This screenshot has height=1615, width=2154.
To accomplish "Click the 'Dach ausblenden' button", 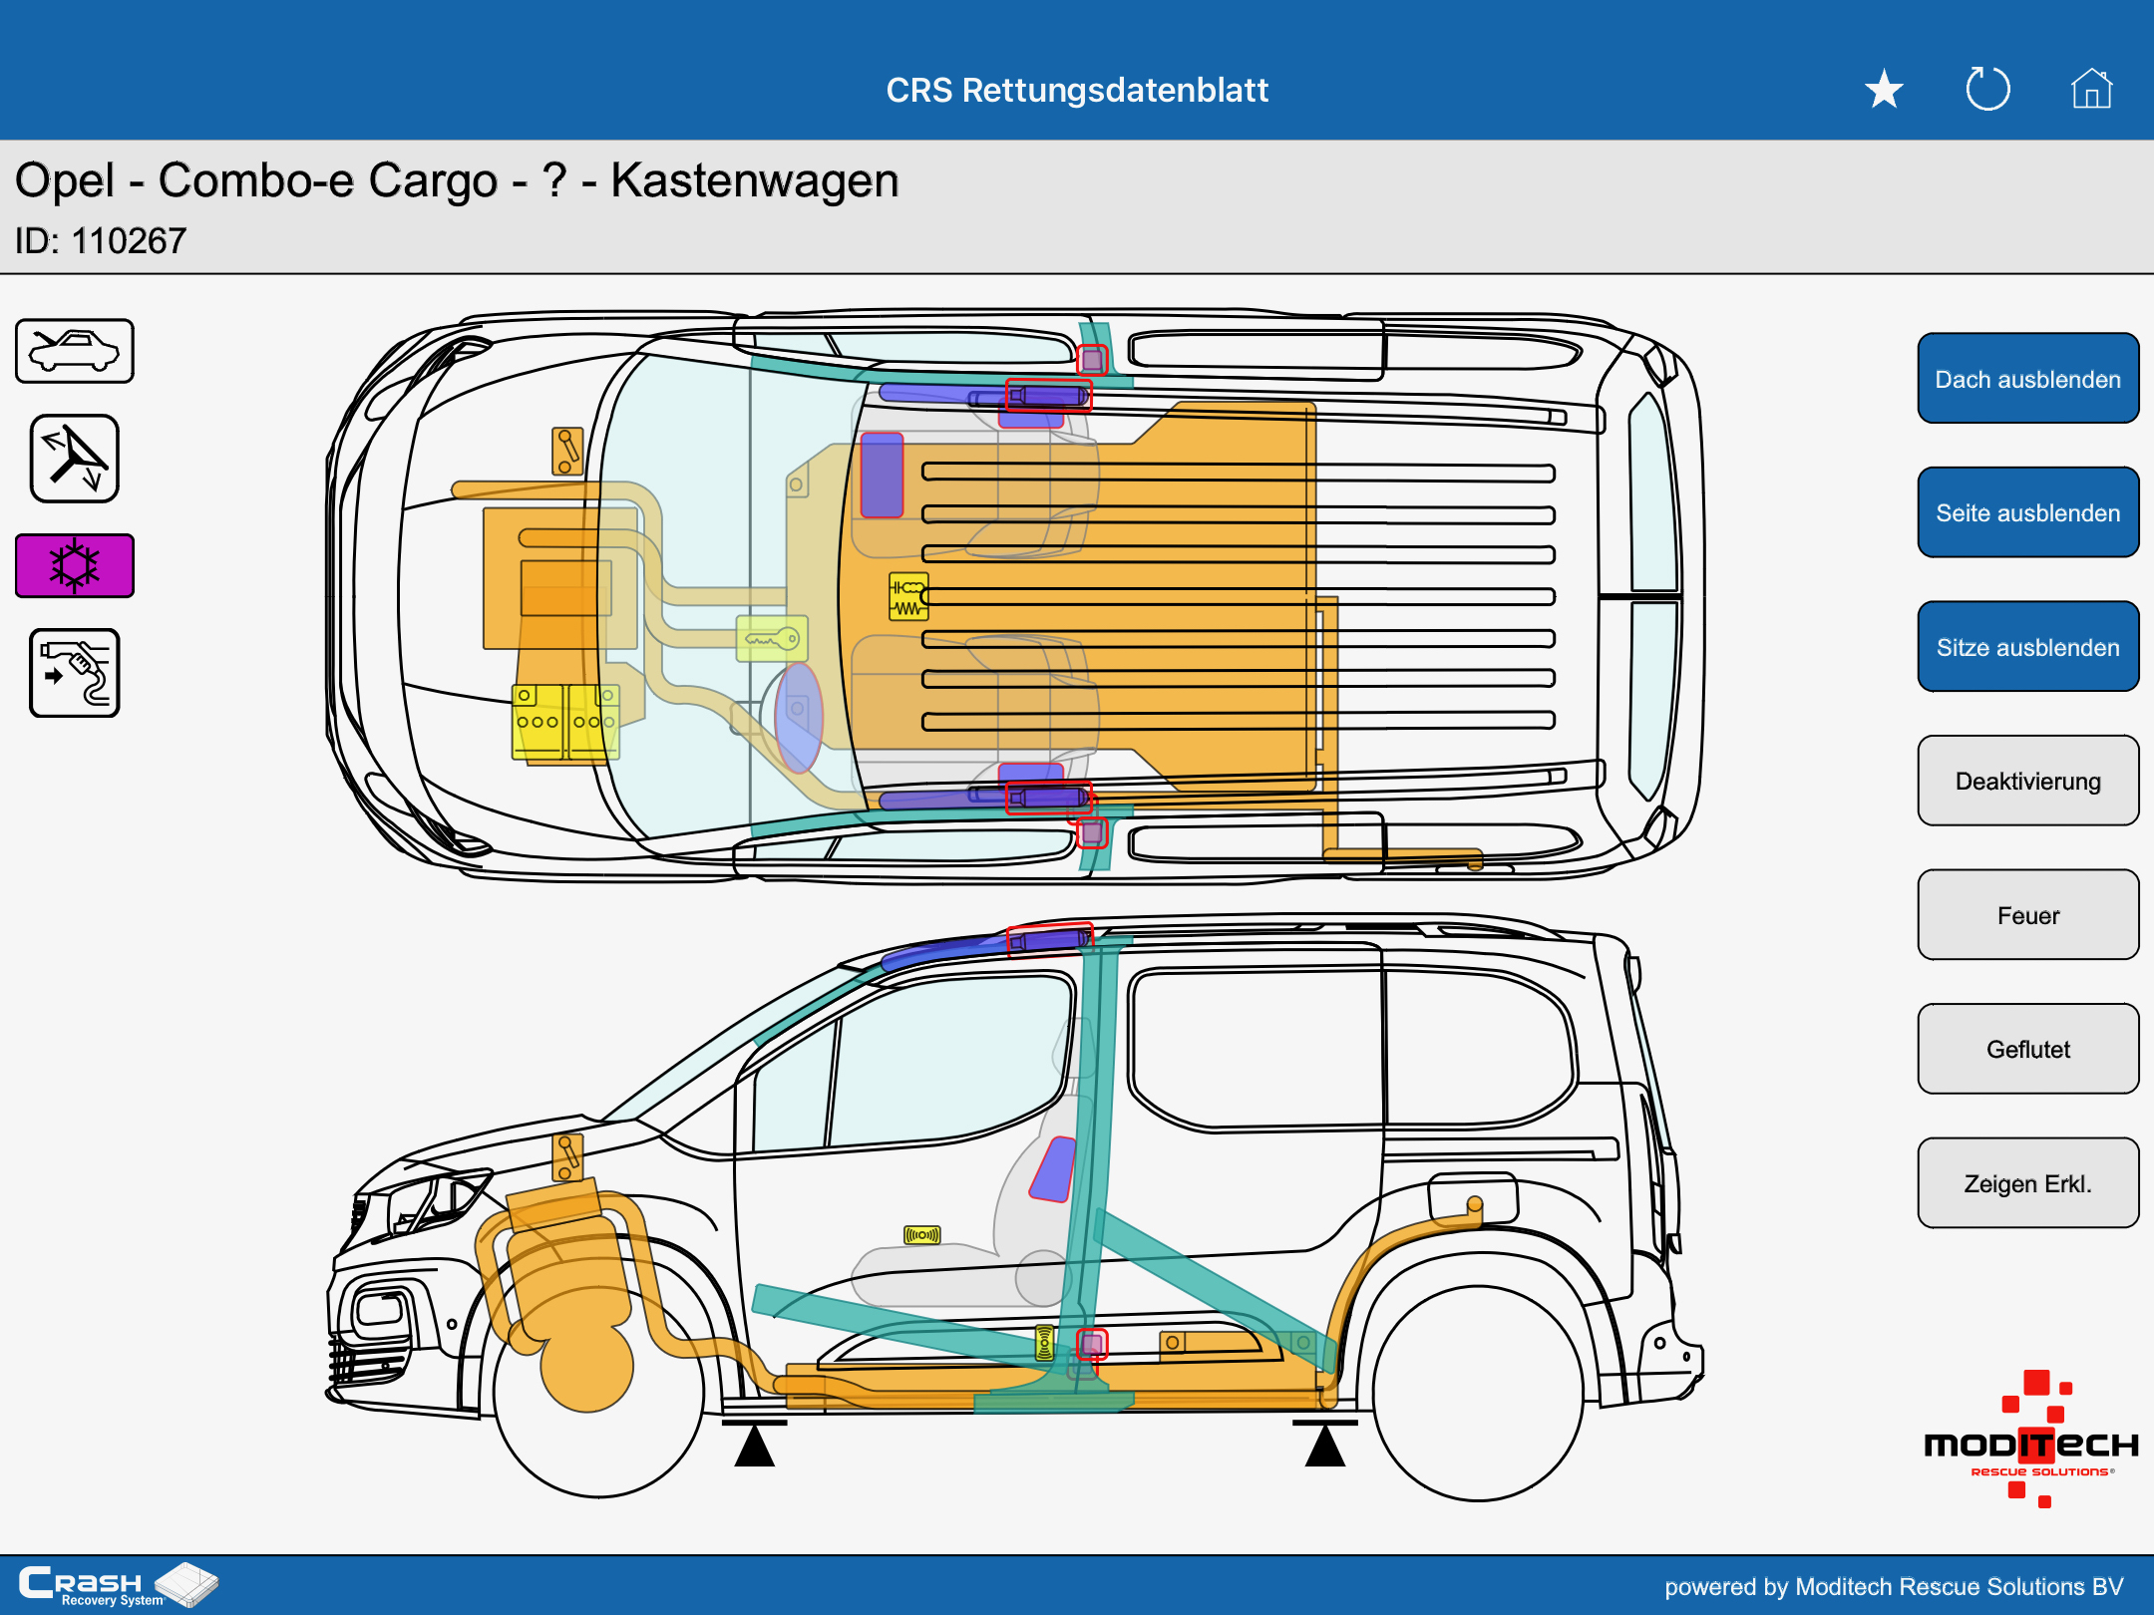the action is click(x=2027, y=379).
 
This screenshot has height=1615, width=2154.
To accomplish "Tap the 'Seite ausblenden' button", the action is click(x=2027, y=512).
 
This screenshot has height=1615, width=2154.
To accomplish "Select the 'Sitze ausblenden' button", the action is click(x=2027, y=647).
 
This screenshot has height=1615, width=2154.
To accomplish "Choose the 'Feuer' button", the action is click(x=2027, y=915).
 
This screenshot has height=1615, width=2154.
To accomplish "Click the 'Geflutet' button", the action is click(x=2027, y=1049).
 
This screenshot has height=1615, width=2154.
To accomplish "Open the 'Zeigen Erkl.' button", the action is click(x=2027, y=1183).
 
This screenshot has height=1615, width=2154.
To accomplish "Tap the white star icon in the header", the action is click(x=1884, y=90).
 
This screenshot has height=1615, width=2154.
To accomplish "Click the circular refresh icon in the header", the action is click(x=1987, y=89).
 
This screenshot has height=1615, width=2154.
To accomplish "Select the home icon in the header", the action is click(x=2091, y=89).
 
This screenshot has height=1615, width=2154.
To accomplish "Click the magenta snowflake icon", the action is click(x=75, y=565).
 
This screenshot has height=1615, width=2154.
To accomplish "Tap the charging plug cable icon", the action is click(x=75, y=673).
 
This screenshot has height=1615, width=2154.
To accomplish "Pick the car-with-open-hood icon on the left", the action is click(x=75, y=351).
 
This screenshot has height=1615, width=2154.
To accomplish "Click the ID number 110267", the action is click(x=129, y=241).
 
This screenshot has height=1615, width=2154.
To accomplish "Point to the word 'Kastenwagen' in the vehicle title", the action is click(x=755, y=181).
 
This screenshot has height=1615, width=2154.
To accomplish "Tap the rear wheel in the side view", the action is click(x=1478, y=1393).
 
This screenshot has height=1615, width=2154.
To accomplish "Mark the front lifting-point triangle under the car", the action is click(x=755, y=1445).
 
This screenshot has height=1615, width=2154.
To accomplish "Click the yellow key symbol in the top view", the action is click(x=772, y=639).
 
